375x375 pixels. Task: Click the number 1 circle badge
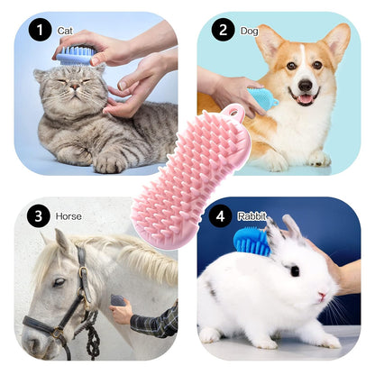40,32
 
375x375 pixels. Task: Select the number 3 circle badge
38,216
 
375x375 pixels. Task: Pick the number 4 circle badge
219,216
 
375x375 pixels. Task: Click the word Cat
65,31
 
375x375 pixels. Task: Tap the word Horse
69,216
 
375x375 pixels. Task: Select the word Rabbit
252,216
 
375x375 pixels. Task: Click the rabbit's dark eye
294,270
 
